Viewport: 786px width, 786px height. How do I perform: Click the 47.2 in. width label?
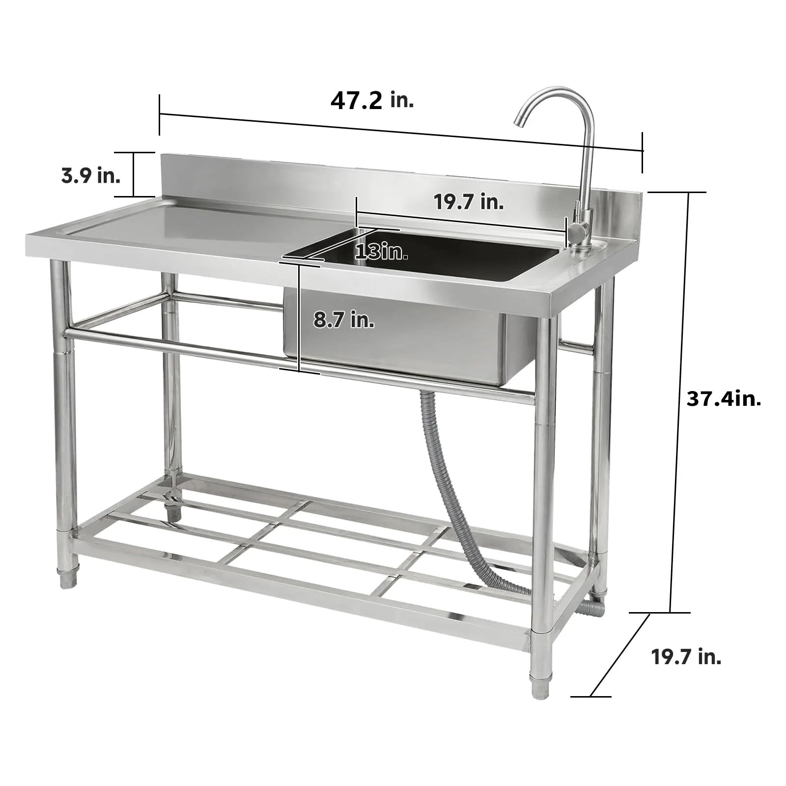[x=372, y=101]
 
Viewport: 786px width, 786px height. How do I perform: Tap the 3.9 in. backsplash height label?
[x=91, y=175]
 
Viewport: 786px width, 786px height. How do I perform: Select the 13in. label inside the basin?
[x=381, y=252]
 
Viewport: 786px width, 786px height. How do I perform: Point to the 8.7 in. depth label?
[x=344, y=320]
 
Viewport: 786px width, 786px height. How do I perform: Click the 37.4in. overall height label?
[x=724, y=399]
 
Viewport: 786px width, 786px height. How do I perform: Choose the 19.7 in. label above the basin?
[x=469, y=202]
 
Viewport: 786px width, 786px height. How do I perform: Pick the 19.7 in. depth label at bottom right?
[x=686, y=657]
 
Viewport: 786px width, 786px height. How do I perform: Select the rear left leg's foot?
[x=173, y=511]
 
